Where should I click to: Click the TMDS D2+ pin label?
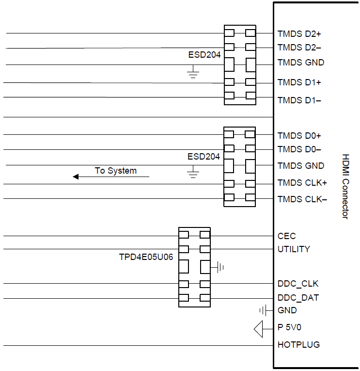click(x=299, y=34)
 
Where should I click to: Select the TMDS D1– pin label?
click(x=299, y=100)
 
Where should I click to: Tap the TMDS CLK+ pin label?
click(x=302, y=183)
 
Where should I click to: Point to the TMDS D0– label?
click(x=299, y=149)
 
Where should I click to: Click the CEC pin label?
click(x=286, y=236)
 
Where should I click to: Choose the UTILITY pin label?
click(x=294, y=249)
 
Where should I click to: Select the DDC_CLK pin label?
click(x=298, y=284)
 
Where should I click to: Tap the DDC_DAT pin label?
click(x=298, y=298)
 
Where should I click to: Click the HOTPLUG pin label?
click(x=298, y=345)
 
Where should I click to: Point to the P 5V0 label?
click(x=289, y=327)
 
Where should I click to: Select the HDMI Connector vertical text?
click(x=345, y=186)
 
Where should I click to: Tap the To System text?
click(x=115, y=171)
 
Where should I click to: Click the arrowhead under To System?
click(x=76, y=177)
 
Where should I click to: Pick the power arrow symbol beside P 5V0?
click(x=258, y=329)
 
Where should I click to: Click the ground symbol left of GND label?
click(x=264, y=310)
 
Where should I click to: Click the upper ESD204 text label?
click(x=204, y=55)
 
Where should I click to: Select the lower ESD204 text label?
click(x=203, y=157)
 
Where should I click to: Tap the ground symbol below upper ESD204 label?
click(x=193, y=74)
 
